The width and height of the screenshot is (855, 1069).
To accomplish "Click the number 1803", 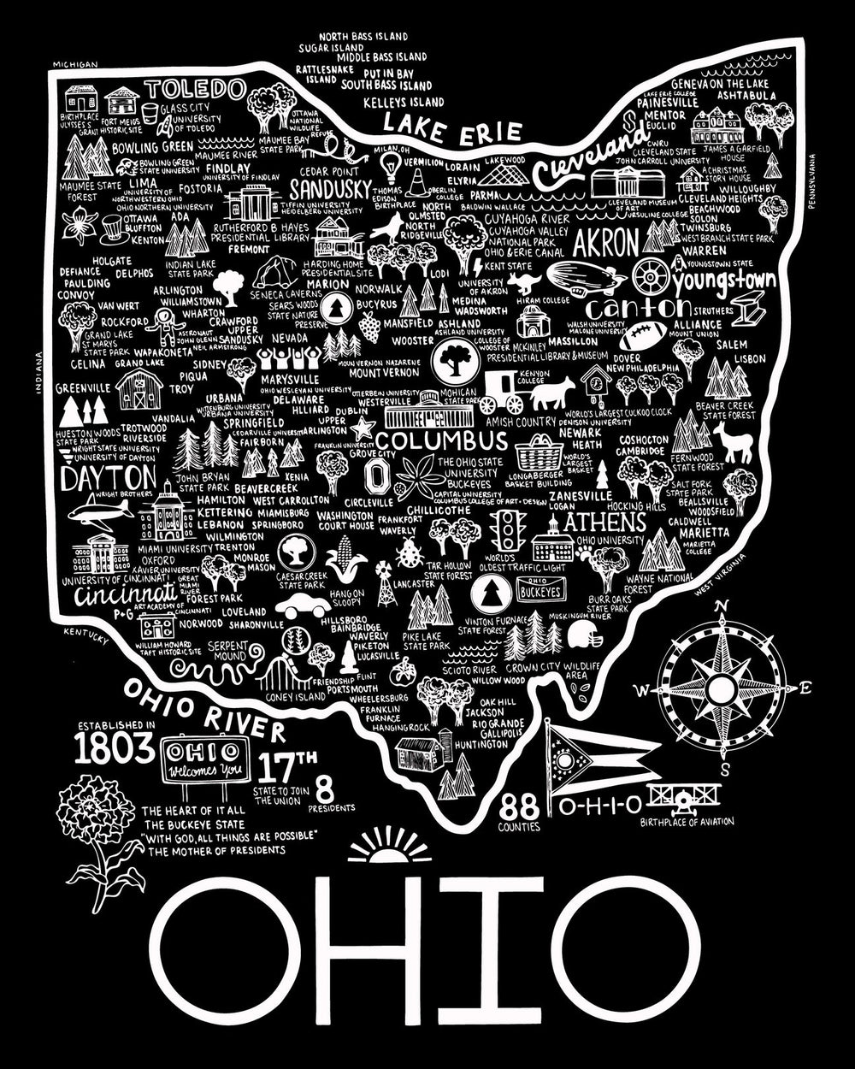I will (x=114, y=749).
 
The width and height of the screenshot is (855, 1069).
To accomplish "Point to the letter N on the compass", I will (x=721, y=607).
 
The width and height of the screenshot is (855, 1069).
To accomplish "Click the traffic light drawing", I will (x=510, y=531).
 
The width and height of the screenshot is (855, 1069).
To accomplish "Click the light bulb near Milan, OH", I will (x=392, y=162).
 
